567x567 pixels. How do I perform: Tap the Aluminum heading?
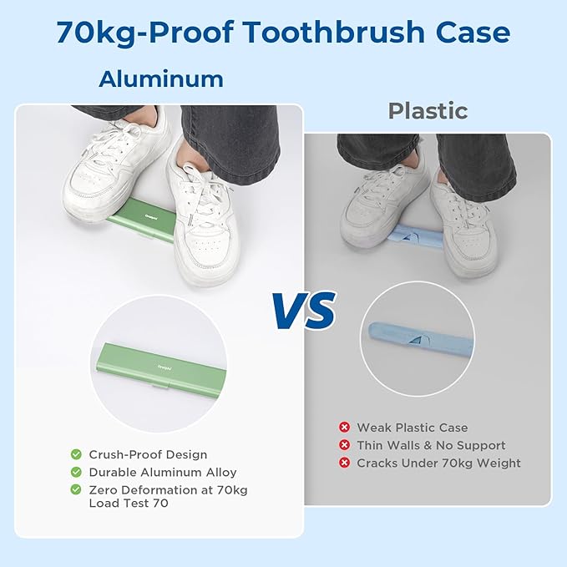[161, 79]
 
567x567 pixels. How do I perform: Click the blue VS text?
[303, 310]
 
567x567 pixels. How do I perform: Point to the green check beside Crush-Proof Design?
[76, 455]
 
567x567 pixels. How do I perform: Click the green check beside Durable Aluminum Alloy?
[76, 473]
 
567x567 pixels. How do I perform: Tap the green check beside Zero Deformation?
[76, 490]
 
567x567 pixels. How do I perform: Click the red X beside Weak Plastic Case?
[343, 428]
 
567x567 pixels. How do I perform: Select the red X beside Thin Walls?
[343, 446]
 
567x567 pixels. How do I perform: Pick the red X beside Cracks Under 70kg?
[343, 463]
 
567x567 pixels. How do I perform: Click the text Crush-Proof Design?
[149, 455]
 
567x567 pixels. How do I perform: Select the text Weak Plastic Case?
[413, 428]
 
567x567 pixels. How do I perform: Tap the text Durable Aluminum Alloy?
[164, 473]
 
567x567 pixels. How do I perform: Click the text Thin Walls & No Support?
[431, 446]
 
